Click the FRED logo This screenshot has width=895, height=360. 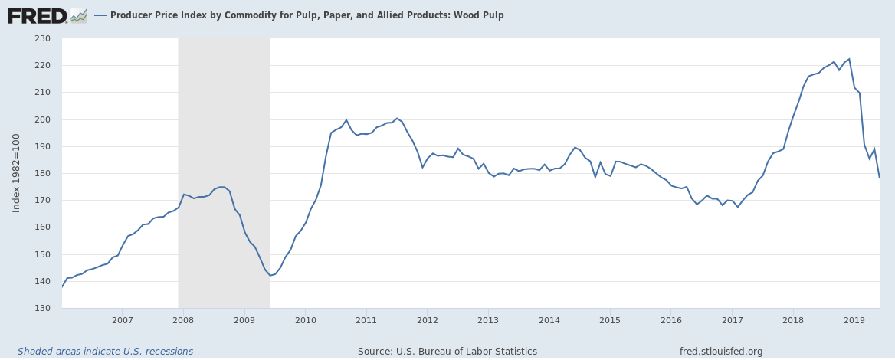(37, 15)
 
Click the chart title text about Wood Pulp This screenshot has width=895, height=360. (307, 15)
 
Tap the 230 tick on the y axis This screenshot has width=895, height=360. (42, 38)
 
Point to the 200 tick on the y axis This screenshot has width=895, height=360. (42, 119)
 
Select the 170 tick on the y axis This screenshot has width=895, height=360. (42, 201)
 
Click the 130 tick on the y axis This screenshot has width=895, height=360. (42, 309)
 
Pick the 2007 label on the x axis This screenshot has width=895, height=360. (123, 319)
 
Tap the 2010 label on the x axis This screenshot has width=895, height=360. (305, 319)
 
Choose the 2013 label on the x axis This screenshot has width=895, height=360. (488, 319)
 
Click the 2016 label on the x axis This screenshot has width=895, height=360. (670, 319)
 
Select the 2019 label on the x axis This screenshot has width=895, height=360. (854, 319)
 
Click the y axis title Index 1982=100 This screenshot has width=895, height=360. (16, 173)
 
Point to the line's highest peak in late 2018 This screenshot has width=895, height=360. (849, 59)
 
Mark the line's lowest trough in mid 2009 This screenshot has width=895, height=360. (270, 276)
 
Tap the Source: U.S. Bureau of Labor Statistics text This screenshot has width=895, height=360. (447, 352)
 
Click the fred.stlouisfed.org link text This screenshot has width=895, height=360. (721, 352)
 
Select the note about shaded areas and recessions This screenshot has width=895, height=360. (105, 352)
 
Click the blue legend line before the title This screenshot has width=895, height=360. (100, 15)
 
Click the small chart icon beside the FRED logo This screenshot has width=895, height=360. (79, 15)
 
